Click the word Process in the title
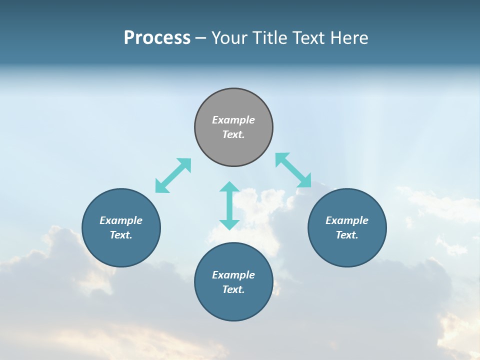(157, 38)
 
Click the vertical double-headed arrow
(229, 205)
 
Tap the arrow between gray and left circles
(173, 175)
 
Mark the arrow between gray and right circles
(293, 170)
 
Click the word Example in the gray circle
(233, 120)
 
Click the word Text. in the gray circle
(233, 134)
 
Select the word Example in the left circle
(121, 220)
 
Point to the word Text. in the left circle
(121, 235)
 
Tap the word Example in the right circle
(347, 220)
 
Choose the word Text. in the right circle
(347, 235)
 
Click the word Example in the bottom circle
(233, 275)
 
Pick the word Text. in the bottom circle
(233, 289)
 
